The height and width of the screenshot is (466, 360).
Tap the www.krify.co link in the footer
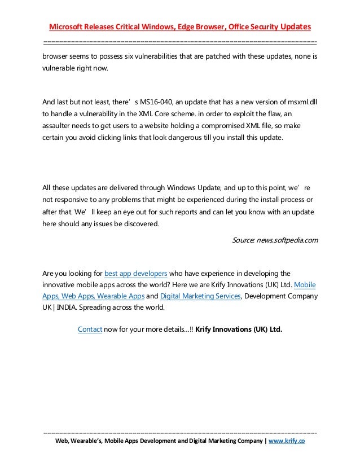[287, 441]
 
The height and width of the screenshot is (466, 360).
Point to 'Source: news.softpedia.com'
[275, 240]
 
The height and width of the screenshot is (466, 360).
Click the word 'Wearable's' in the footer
[90, 441]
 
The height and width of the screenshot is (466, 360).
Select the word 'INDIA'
[67, 307]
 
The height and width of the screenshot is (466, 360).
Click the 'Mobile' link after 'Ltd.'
[305, 285]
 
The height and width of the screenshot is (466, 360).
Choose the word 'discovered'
[141, 223]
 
